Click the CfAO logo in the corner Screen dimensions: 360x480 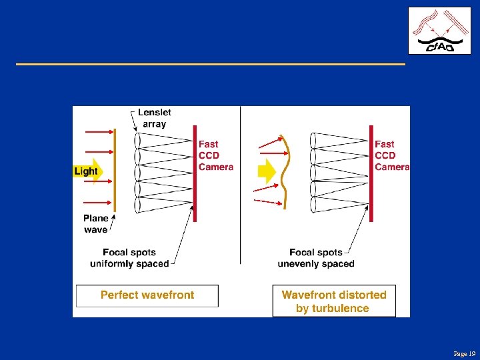point(434,31)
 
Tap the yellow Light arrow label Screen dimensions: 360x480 point(86,171)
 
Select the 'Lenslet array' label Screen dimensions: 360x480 point(153,118)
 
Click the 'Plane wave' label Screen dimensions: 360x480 point(96,224)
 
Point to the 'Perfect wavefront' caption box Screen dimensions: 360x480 point(147,295)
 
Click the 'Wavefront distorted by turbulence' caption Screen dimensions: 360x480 point(334,301)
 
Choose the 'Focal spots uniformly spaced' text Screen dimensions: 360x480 point(129,258)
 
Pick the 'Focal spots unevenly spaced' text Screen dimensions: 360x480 point(316,258)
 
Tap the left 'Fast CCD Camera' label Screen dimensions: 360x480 point(216,155)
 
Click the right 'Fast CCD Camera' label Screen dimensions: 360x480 point(391,155)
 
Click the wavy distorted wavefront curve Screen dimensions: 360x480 point(285,172)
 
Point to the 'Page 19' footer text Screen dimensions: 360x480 point(464,353)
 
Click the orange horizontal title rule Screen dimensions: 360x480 point(210,64)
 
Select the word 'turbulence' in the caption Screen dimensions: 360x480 point(333,308)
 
